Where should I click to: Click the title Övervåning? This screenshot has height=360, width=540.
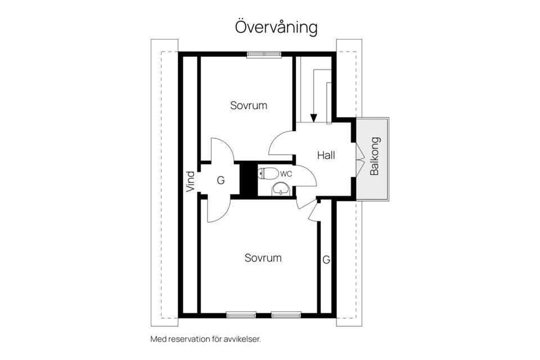click(x=276, y=28)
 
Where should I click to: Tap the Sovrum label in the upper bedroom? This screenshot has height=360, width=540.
click(x=248, y=105)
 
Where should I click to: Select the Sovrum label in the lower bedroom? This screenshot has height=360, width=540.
click(x=263, y=258)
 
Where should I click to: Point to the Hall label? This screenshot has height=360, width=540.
click(x=326, y=155)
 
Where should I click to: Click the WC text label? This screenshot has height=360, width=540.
click(x=286, y=174)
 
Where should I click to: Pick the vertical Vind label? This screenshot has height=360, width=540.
click(x=191, y=182)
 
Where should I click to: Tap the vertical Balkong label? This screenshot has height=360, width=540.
click(x=375, y=156)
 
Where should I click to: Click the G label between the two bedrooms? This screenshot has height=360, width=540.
click(x=220, y=181)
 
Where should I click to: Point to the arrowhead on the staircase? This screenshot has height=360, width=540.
click(x=313, y=118)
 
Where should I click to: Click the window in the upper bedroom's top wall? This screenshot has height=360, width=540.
click(x=264, y=54)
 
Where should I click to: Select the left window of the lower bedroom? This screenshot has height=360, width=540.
click(x=241, y=314)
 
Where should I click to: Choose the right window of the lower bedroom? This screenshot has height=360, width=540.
click(x=286, y=314)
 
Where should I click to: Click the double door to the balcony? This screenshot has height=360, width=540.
click(x=357, y=161)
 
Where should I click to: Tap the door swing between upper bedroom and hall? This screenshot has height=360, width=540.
click(x=281, y=143)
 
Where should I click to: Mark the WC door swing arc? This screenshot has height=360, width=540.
click(x=306, y=176)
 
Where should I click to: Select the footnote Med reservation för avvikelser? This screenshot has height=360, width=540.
click(x=206, y=339)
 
